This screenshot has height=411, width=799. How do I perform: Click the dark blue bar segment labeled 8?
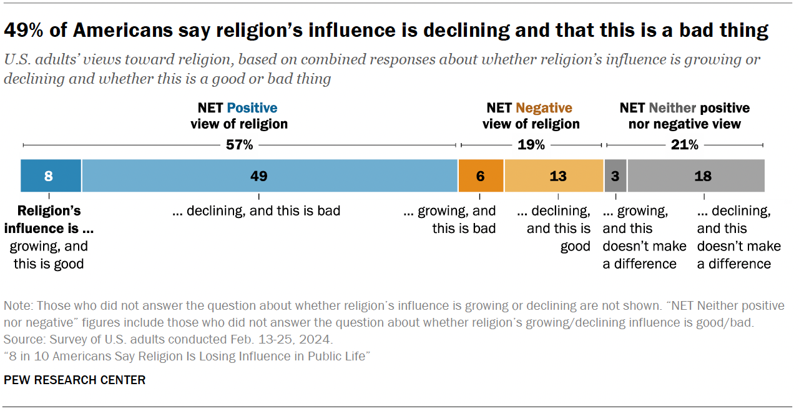click(x=51, y=176)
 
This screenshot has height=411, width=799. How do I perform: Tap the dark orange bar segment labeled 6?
click(x=481, y=176)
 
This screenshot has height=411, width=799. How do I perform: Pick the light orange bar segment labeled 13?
click(x=554, y=176)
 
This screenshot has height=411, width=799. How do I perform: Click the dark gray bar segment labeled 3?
click(x=615, y=176)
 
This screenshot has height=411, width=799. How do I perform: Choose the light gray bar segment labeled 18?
click(x=696, y=176)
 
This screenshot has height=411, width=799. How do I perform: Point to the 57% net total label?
click(x=239, y=145)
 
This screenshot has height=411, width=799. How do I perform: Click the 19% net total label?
click(x=531, y=145)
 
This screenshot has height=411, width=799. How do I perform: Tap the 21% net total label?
click(x=684, y=145)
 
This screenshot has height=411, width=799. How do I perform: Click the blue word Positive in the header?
click(x=252, y=108)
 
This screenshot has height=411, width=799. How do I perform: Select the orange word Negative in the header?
click(x=544, y=108)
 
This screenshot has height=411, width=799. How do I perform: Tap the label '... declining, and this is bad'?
click(x=256, y=211)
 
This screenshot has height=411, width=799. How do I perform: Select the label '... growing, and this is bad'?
click(x=450, y=219)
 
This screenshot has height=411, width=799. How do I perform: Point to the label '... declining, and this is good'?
click(x=554, y=228)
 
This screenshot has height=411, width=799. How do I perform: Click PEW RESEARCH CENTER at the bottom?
click(x=75, y=380)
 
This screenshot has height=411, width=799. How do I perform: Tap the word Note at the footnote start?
click(x=17, y=305)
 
